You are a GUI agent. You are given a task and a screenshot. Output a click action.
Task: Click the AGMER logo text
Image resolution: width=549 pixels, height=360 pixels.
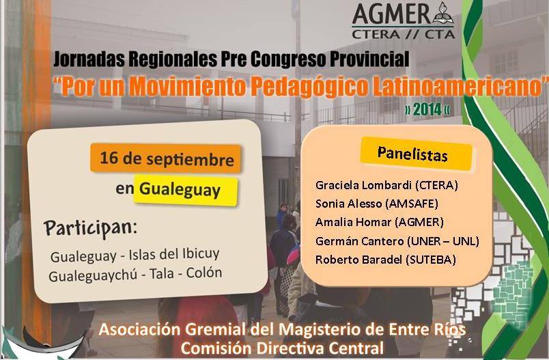pos(392,14)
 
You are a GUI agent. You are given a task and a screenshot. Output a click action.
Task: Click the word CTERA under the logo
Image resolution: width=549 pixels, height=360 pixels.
pos(376,34)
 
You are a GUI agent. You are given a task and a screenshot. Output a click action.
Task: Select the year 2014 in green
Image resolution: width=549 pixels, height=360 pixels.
pos(427,109)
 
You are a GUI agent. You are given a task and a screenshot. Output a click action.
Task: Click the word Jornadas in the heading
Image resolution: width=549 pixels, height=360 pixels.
pos(89,59)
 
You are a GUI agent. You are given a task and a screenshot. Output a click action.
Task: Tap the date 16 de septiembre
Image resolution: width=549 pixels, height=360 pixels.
pos(167,158)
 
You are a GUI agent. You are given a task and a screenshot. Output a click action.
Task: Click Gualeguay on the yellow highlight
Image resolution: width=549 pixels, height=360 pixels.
pos(180,190)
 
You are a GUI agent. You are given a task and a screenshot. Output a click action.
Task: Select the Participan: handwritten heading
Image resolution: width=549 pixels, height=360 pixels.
pos(90,228)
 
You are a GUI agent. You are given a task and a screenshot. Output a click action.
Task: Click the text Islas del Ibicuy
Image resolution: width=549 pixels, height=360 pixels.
pos(174,254)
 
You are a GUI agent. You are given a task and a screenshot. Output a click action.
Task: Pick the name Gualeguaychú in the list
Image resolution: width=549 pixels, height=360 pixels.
pos(93,276)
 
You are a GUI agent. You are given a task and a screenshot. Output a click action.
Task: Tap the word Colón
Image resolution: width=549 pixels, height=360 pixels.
pos(203,273)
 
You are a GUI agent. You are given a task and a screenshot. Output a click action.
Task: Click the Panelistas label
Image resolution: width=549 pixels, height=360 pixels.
pos(412,154)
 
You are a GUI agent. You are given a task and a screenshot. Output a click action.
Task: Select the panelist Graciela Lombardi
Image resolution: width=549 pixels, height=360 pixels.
pos(363,185)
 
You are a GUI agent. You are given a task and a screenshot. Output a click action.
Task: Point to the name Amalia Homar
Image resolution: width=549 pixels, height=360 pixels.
pos(353,222)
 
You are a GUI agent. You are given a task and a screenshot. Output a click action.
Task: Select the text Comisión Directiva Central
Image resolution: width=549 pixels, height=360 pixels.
pos(282,348)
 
